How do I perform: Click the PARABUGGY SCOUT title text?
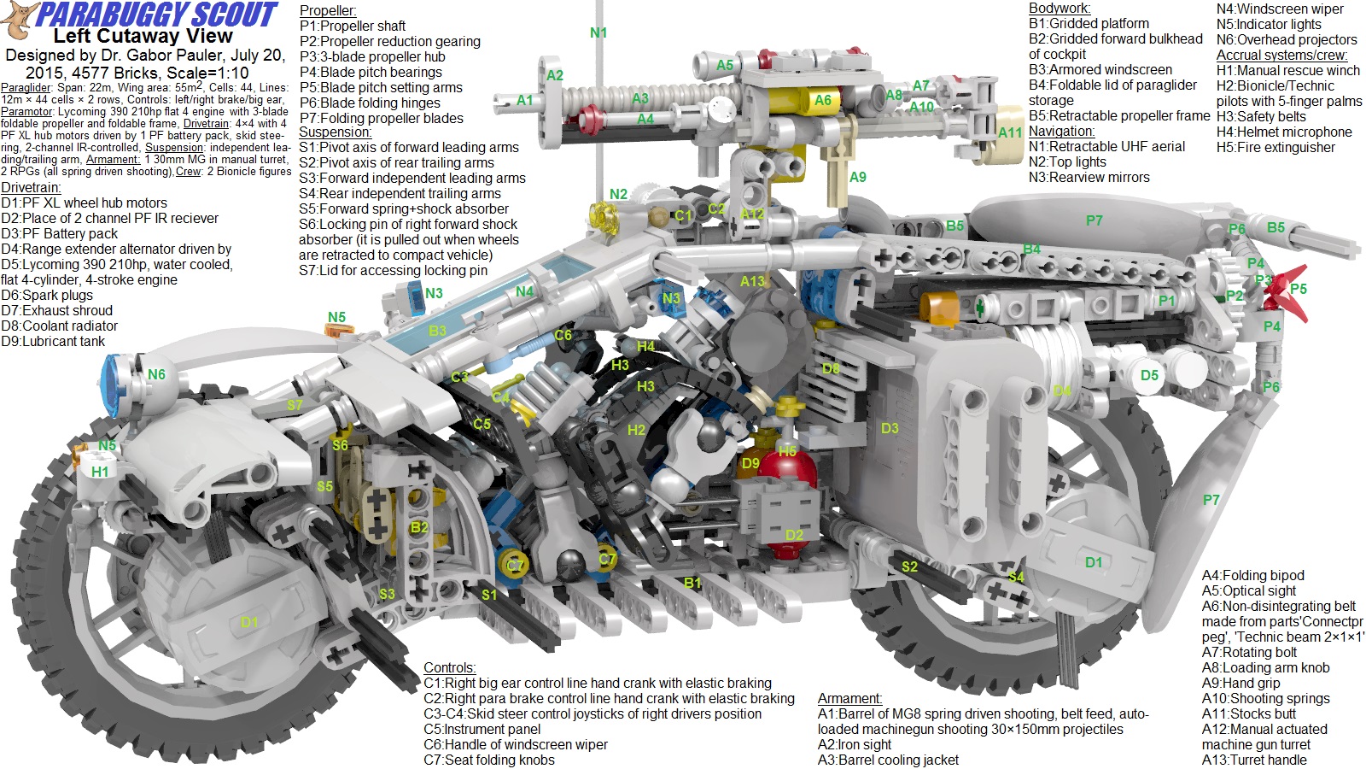[x=158, y=15]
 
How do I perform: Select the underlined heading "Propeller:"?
[x=328, y=10]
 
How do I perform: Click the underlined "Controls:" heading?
[x=450, y=667]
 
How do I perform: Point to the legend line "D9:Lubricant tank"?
[x=53, y=341]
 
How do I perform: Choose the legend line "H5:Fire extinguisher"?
[x=1276, y=147]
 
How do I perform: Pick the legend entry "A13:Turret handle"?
[x=1254, y=760]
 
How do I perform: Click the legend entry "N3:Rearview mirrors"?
[x=1089, y=177]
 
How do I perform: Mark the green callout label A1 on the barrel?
[x=525, y=100]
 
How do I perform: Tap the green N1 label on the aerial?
[x=598, y=32]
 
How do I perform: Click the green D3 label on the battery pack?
[x=890, y=428]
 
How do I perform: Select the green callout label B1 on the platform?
[x=692, y=583]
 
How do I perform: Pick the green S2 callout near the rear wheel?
[x=910, y=566]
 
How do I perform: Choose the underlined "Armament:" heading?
[x=849, y=698]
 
